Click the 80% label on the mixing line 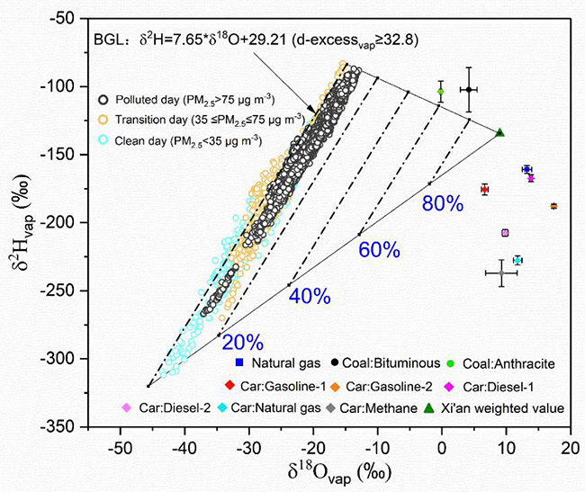pos(443,204)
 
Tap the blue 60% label pos(379,250)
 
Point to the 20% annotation pos(243,344)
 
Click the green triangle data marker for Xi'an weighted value pos(500,132)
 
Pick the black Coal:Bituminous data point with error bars pos(469,89)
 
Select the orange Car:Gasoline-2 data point pos(553,206)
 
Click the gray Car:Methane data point pos(501,273)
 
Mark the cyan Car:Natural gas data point pos(517,260)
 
